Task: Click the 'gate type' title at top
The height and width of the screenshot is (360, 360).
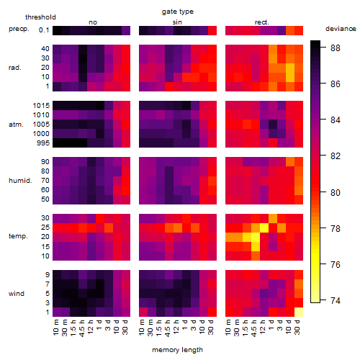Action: click(x=178, y=12)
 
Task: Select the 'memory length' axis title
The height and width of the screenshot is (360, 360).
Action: click(x=177, y=350)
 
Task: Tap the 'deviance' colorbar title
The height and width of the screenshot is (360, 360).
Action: click(x=341, y=29)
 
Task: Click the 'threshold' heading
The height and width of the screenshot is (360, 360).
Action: click(x=40, y=17)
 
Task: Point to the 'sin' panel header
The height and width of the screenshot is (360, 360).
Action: click(x=177, y=22)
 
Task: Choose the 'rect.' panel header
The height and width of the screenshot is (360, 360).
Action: click(x=262, y=22)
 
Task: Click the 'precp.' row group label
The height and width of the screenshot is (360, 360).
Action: click(x=19, y=29)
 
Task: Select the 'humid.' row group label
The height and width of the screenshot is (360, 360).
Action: click(x=20, y=181)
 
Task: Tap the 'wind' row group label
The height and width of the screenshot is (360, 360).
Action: click(x=17, y=293)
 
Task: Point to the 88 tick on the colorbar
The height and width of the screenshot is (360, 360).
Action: click(x=336, y=48)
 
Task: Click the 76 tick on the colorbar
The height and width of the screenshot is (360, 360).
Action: click(x=336, y=264)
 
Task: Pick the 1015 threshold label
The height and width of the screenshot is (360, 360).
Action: click(x=41, y=106)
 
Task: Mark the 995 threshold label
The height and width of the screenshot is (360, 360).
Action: click(x=43, y=143)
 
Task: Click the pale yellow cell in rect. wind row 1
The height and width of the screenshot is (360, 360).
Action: click(x=299, y=312)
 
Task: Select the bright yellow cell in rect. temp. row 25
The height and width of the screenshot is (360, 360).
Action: click(x=264, y=228)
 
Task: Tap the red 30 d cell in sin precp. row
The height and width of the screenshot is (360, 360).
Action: click(x=212, y=30)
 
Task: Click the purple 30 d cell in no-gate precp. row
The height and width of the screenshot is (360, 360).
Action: click(x=126, y=30)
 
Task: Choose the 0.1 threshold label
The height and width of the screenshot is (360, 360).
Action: click(x=44, y=30)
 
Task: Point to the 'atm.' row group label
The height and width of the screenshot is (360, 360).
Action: click(x=16, y=125)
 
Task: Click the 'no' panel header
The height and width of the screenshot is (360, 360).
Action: click(x=93, y=22)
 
